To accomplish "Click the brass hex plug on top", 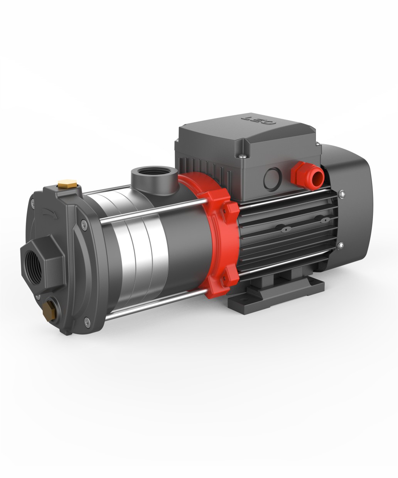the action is (x=67, y=183).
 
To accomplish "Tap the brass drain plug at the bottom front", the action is (x=49, y=311).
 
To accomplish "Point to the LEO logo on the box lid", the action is (x=259, y=120).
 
